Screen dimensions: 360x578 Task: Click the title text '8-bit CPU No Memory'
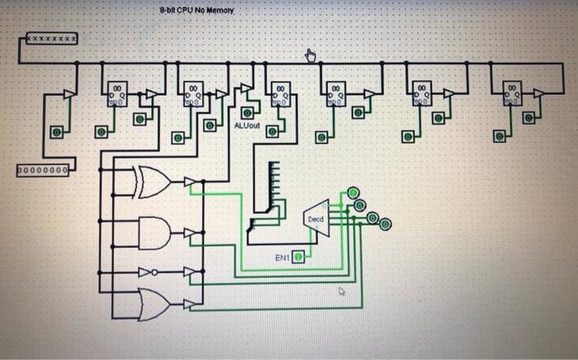coord(197,11)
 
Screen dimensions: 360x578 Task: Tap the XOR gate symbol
coord(152,182)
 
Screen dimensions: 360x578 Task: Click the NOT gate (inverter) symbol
coord(147,272)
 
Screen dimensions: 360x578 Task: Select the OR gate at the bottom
coord(153,303)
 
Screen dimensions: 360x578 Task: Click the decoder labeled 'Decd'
coord(316,219)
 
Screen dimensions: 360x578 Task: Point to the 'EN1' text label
coord(282,258)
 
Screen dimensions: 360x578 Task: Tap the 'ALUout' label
coord(247,126)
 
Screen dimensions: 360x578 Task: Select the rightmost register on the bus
coord(512,93)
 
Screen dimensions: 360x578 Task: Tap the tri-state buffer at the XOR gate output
coord(190,182)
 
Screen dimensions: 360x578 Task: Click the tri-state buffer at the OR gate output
coord(190,304)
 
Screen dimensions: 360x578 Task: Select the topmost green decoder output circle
coord(353,192)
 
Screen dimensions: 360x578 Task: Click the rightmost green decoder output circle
coord(386,223)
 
